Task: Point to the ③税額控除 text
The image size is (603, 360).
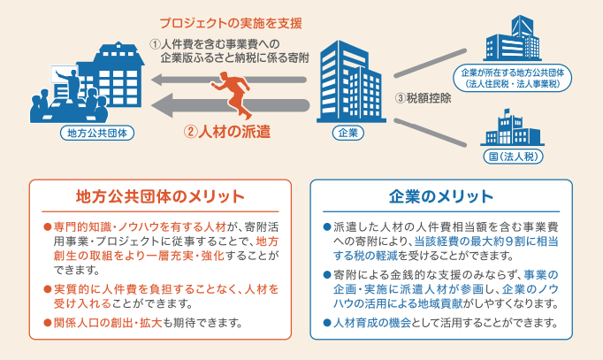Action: tap(424, 98)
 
